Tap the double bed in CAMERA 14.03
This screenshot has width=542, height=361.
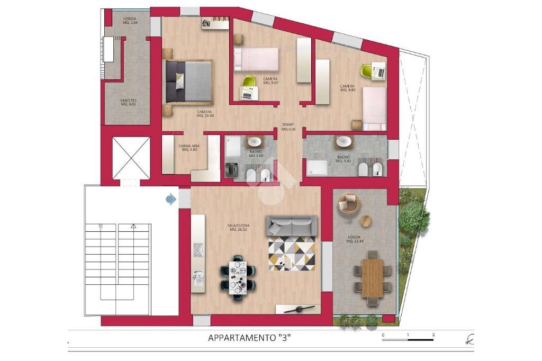[x=189, y=82]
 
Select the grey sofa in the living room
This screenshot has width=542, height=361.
[x=292, y=225]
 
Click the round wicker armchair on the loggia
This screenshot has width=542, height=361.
[x=348, y=203]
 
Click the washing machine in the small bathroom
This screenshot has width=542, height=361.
[x=231, y=170]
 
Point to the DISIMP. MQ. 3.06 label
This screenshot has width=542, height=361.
[x=288, y=127]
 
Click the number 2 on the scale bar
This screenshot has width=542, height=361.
[x=433, y=335]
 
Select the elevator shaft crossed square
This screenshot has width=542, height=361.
[x=131, y=158]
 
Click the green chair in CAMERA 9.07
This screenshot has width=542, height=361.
[x=248, y=81]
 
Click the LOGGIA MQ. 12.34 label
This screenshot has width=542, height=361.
[x=354, y=239]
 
